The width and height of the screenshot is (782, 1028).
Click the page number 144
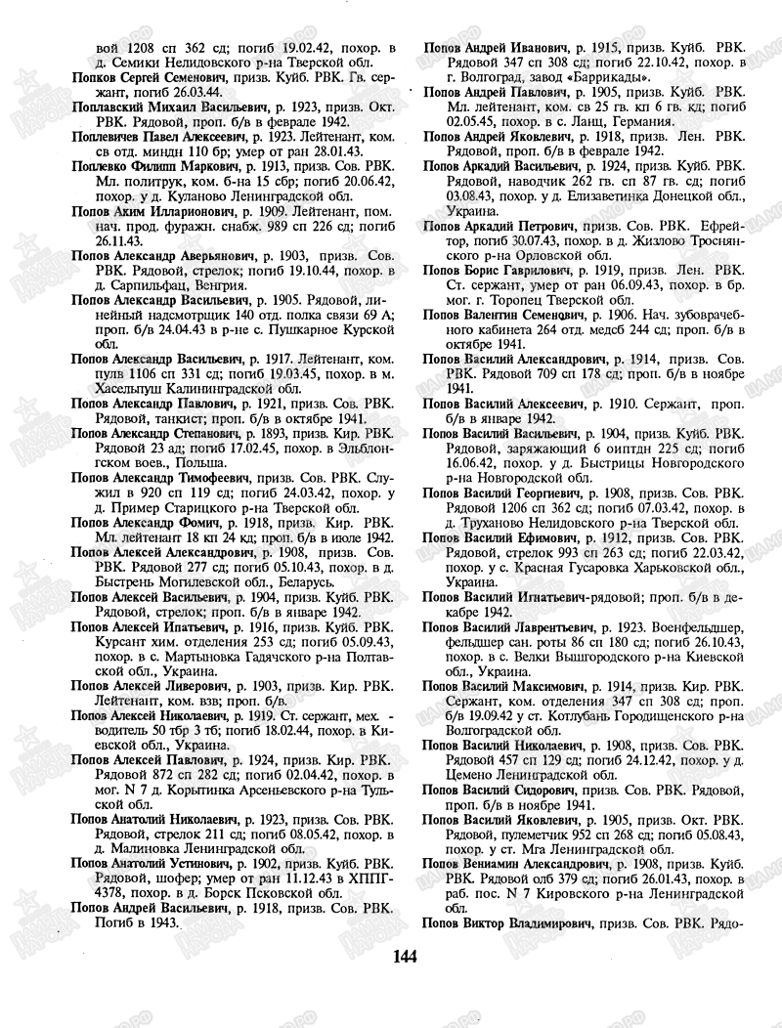pos(405,955)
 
